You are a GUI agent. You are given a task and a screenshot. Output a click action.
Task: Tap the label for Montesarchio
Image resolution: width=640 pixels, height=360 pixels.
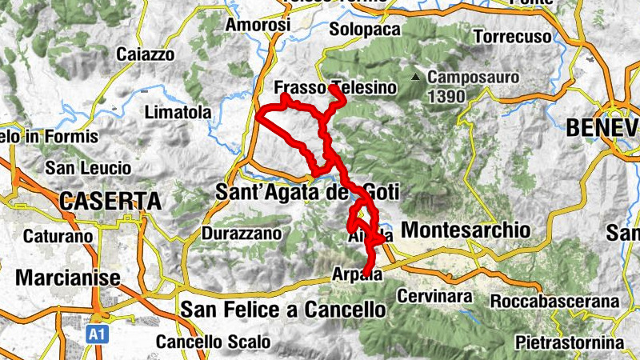tap(465, 230)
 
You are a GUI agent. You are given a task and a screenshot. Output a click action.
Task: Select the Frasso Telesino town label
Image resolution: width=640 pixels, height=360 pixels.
tap(334, 88)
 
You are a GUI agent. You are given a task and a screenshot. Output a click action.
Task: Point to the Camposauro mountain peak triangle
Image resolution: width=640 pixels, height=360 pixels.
tap(415, 78)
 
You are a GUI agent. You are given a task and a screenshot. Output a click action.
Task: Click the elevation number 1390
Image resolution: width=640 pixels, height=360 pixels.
tap(445, 95)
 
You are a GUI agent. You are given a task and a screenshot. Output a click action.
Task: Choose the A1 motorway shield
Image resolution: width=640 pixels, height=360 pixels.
tap(95, 330)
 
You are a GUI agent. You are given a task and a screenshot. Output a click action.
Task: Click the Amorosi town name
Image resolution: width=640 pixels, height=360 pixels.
tap(258, 26)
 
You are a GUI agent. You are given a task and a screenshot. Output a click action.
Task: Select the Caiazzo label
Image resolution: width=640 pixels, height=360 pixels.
tap(145, 54)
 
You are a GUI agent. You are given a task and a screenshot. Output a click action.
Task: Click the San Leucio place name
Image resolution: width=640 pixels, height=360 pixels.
tap(88, 168)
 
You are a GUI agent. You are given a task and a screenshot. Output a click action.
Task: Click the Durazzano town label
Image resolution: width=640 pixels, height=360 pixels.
tap(242, 234)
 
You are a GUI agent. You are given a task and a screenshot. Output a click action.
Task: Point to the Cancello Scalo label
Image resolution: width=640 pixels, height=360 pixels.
tap(213, 342)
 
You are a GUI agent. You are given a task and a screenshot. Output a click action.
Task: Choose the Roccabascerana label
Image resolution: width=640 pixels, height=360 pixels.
tap(556, 302)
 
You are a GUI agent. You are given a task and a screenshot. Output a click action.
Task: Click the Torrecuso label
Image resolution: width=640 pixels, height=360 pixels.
tap(513, 37)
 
